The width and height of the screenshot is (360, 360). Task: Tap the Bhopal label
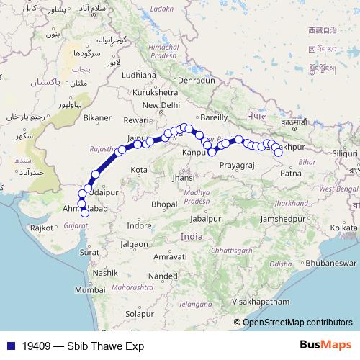click(x=164, y=204)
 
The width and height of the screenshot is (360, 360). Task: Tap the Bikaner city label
click(x=97, y=117)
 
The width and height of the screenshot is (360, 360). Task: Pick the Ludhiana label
click(x=139, y=74)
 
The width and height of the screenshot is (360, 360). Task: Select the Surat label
click(x=89, y=253)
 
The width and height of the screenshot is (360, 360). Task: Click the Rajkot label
click(x=42, y=228)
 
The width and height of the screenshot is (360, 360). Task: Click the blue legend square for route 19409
click(x=9, y=346)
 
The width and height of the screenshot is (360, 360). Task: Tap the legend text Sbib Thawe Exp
click(x=79, y=346)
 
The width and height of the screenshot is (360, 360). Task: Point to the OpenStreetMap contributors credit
click(x=297, y=322)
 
